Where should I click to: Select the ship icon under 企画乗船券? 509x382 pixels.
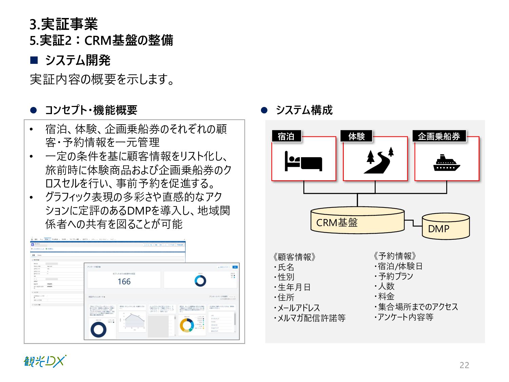coord(447,163)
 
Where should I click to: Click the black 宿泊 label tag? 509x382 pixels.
coord(286,136)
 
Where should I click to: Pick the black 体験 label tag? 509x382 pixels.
coord(356,136)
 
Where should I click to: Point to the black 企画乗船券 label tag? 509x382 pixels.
coord(439,136)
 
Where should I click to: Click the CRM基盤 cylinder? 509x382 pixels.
coord(357,221)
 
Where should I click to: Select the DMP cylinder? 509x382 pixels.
coord(446,227)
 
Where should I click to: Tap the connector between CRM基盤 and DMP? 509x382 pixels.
coord(413,223)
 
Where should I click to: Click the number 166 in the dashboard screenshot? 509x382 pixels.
coord(124,281)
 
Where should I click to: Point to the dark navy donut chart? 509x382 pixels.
coord(98,329)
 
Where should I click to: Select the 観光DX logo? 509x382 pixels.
coord(45,361)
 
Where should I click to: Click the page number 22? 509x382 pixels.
coord(464,365)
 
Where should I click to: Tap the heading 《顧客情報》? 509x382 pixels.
coord(295,257)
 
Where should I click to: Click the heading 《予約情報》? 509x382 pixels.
coord(395,256)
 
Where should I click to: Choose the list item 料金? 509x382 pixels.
coord(386,296)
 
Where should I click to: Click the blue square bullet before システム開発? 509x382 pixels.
coord(34,60)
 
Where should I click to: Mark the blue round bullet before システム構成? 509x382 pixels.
coord(264,110)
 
